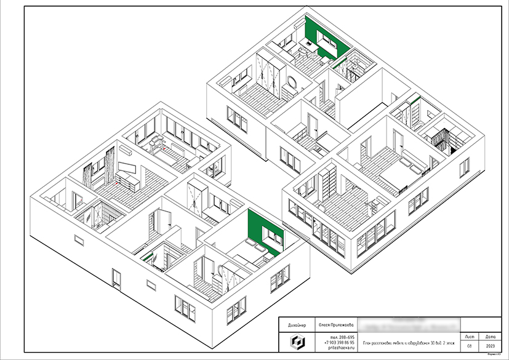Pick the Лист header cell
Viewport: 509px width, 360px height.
pos(470,337)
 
